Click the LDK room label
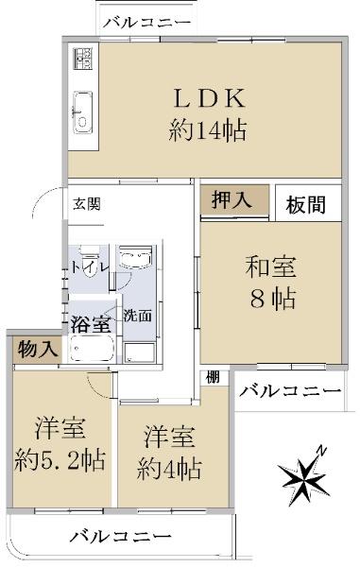tap(209, 98)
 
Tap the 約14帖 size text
tap(208, 130)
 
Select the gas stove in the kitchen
tap(83, 59)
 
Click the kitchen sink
tap(83, 112)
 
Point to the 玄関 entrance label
tap(87, 204)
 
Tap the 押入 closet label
tap(231, 199)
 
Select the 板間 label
tap(306, 205)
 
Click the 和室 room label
tap(271, 267)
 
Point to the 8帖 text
tap(273, 299)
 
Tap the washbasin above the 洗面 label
tap(135, 257)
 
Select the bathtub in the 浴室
tap(93, 349)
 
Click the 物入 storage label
tap(38, 350)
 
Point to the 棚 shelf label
tap(213, 377)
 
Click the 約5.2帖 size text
tap(60, 460)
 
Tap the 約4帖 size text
tap(169, 469)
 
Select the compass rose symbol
tap(303, 476)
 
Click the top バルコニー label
tap(146, 23)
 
